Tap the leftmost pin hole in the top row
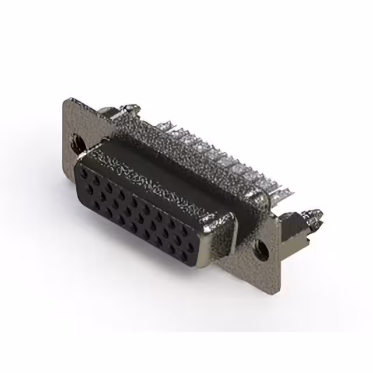(83, 173)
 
